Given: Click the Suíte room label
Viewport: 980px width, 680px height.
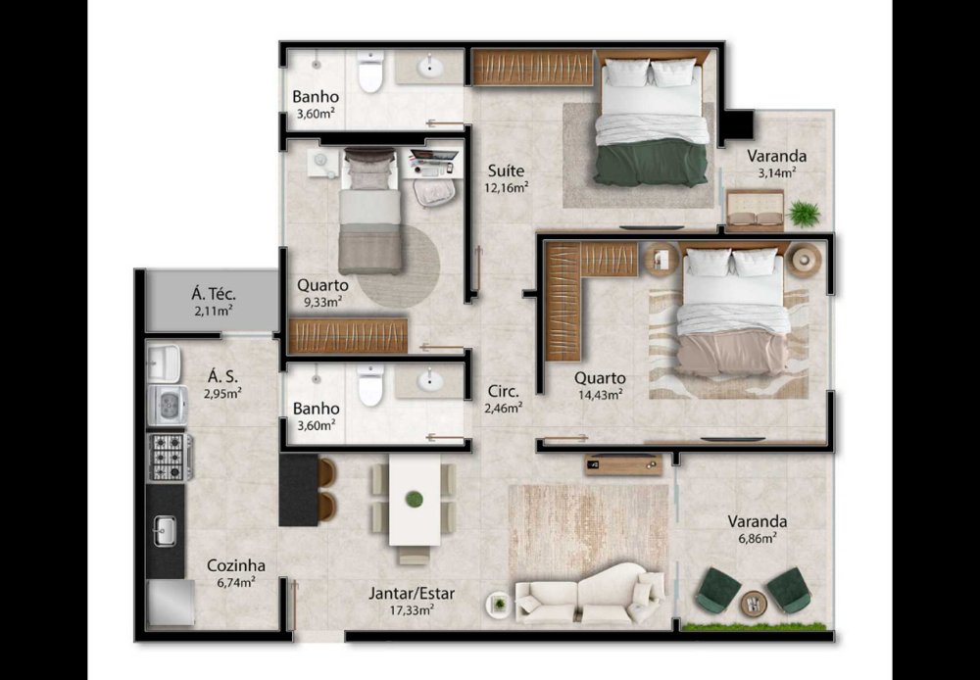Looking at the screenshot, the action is pos(506,170).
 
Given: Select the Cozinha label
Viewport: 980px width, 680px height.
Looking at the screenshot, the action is pos(235,565).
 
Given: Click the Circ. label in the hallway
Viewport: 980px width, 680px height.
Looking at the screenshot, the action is pos(503,393).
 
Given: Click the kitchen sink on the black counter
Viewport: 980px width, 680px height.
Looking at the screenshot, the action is pos(165,531).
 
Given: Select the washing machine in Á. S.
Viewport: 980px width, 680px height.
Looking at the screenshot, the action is pos(168,405).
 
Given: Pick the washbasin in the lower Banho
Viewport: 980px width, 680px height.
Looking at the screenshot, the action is pos(430,380).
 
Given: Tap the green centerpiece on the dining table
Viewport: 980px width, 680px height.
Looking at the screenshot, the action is pos(414,499).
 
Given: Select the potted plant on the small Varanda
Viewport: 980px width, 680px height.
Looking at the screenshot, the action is pos(804,214).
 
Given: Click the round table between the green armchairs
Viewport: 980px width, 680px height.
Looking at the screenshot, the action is pos(753,604).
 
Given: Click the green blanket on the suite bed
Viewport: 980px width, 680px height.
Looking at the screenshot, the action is pos(652,163).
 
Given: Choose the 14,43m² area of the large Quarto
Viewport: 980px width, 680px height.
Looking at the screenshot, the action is pos(599,394).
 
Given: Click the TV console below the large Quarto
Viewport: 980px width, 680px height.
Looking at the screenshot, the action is pos(623,463).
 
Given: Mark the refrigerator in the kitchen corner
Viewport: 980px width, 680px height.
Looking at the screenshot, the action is pos(171,604).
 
